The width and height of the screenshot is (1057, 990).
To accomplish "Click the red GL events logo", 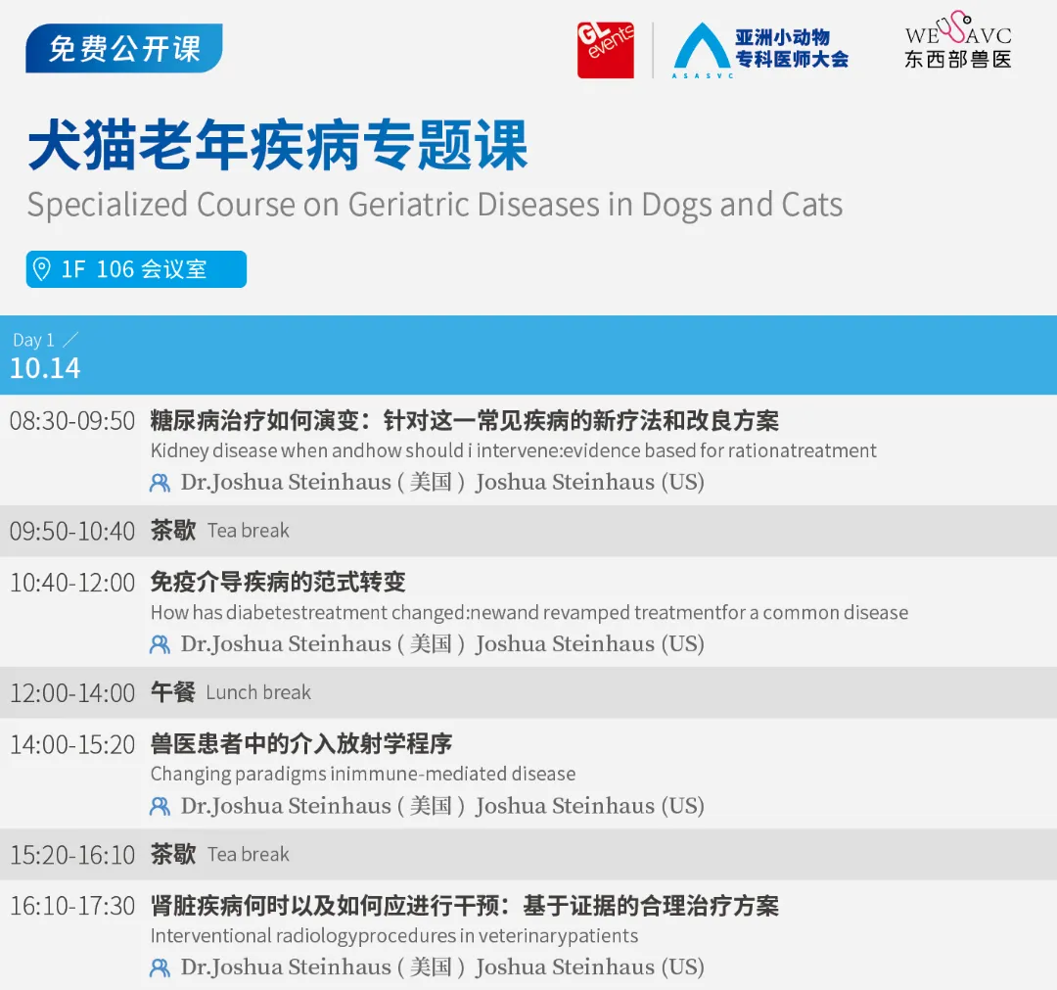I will click(605, 50).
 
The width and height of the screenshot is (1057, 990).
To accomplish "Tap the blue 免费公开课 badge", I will click(124, 49).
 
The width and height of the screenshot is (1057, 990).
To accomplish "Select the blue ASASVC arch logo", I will click(701, 50).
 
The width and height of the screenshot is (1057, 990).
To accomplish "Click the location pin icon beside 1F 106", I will click(42, 269).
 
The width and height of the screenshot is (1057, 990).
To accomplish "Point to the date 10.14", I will click(45, 368).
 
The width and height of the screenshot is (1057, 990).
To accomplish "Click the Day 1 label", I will click(34, 340).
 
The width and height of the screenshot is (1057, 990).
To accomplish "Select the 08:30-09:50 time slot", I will click(72, 422).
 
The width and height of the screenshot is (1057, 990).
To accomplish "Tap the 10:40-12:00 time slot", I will click(72, 583).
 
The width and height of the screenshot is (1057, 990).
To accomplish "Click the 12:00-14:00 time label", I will click(72, 693).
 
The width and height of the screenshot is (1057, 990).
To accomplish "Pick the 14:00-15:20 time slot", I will click(72, 744).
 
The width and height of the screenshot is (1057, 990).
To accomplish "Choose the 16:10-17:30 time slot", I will click(72, 906).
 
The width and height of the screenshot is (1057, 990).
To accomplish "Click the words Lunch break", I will click(258, 693).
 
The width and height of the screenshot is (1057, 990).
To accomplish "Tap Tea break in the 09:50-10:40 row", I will click(249, 531).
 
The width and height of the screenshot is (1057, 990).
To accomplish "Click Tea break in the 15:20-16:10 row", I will click(249, 855).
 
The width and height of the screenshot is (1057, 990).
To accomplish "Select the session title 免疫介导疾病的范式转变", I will click(278, 583).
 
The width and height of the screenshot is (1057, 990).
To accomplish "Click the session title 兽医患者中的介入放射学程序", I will click(301, 744).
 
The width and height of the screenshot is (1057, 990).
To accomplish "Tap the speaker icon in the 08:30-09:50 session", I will click(160, 483).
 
